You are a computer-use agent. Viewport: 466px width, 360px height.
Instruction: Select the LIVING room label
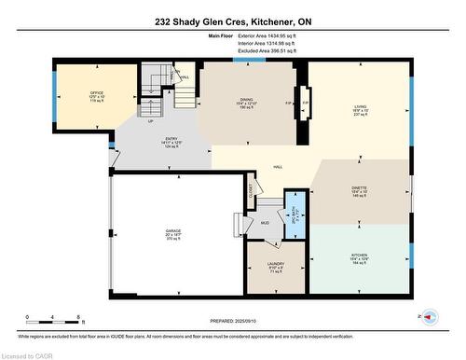coord(360,105)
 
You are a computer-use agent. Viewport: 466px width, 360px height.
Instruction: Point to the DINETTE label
coord(360,188)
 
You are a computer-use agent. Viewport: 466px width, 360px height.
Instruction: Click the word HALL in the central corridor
coord(278,167)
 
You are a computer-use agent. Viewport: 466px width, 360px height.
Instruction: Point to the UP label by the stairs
coord(150,120)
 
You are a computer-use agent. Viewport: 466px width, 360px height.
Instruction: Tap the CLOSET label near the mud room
coord(251,188)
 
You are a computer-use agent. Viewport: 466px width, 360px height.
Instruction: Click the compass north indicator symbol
coord(430,317)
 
